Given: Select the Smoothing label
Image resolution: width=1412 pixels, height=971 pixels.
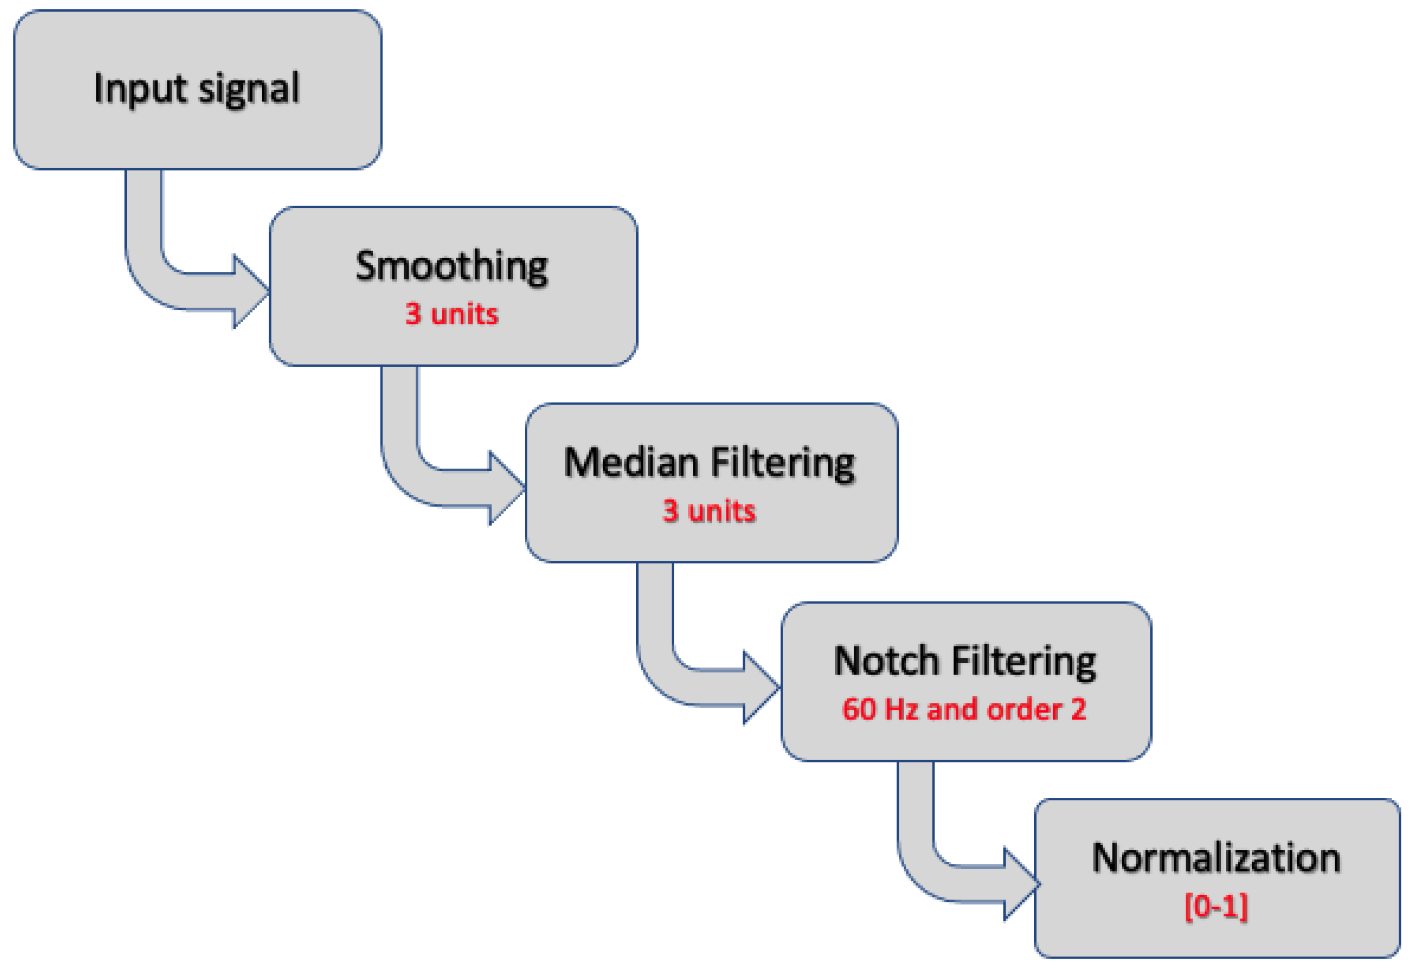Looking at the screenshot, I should [x=452, y=266].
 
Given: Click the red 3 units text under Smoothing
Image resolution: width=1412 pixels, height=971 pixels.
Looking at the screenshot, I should [x=452, y=314].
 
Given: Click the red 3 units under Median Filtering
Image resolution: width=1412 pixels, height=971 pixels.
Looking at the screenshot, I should [x=709, y=511].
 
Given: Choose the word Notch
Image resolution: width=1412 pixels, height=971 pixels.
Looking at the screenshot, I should [x=886, y=661].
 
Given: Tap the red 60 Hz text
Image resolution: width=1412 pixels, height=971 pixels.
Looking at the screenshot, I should [x=879, y=709].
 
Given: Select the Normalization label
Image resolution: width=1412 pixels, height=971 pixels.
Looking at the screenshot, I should [x=1216, y=858].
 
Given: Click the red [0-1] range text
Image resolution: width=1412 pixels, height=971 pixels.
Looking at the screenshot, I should [x=1216, y=907].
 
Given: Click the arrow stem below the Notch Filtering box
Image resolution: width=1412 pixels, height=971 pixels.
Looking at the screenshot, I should [x=916, y=803].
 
